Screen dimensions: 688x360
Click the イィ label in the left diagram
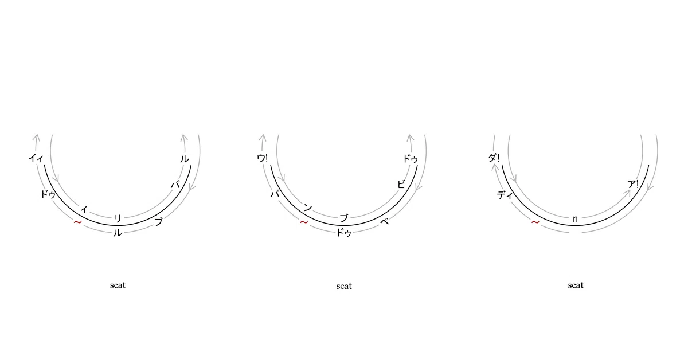click(36, 158)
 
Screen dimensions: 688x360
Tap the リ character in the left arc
click(118, 218)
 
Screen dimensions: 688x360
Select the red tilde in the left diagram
click(78, 222)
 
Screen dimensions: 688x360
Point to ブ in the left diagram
click(158, 221)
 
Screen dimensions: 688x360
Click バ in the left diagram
click(175, 185)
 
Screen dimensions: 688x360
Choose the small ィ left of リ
click(84, 209)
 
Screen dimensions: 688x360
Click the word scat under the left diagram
click(118, 285)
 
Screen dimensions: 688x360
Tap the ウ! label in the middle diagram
click(263, 158)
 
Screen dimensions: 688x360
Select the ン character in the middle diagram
click(308, 208)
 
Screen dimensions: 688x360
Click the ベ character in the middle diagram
click(385, 221)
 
